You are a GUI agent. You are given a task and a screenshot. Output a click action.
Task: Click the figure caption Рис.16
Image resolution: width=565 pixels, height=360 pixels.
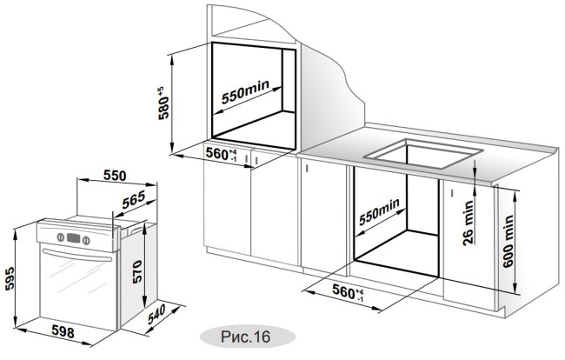(241, 336)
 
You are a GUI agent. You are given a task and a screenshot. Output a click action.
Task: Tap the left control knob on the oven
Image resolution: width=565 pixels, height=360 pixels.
(55, 237)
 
